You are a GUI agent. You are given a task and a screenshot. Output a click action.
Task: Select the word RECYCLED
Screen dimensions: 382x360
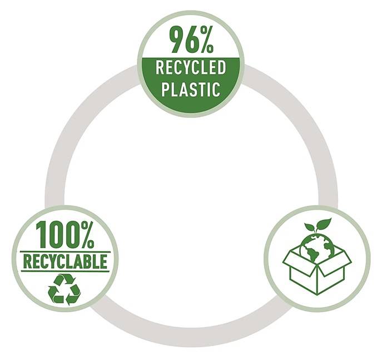(x=191, y=67)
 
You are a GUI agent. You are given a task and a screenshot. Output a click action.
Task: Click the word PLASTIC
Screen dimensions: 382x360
(x=191, y=90)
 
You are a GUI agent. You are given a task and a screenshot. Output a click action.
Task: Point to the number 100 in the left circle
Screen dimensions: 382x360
(x=58, y=234)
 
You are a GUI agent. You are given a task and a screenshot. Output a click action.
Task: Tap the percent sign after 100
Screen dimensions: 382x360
(x=87, y=234)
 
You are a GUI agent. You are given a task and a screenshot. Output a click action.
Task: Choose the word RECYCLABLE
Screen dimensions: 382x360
(x=65, y=262)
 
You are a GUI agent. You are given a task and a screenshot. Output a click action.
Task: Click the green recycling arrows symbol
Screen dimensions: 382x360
(x=65, y=289)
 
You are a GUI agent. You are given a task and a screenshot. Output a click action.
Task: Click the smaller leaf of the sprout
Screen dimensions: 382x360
(x=310, y=227)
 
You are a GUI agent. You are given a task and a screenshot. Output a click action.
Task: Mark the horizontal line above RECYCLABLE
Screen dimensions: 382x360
(x=65, y=252)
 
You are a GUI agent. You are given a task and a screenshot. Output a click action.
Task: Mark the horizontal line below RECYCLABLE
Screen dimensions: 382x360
(x=65, y=271)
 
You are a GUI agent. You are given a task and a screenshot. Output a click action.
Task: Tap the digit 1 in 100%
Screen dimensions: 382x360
(x=41, y=234)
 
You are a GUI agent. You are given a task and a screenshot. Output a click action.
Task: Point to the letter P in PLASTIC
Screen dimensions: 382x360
(x=165, y=90)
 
